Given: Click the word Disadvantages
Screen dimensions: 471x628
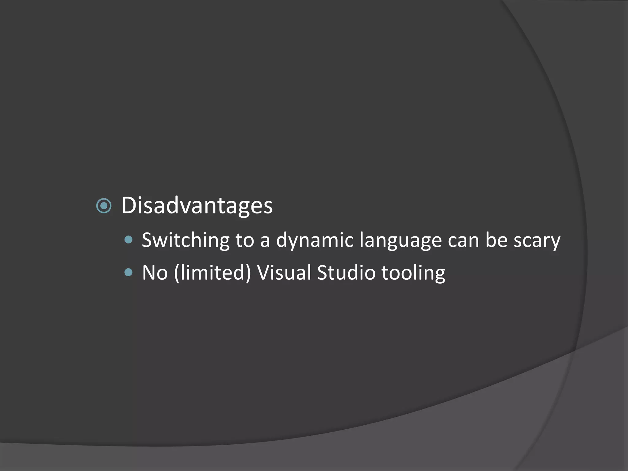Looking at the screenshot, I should pyautogui.click(x=197, y=205).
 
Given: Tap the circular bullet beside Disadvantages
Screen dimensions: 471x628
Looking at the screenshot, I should pyautogui.click(x=104, y=206).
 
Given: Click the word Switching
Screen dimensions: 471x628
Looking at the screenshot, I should pyautogui.click(x=186, y=240).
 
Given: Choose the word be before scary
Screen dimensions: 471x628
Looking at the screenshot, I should pyautogui.click(x=496, y=240).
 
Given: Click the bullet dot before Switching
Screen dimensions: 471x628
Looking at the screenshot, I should pyautogui.click(x=129, y=239).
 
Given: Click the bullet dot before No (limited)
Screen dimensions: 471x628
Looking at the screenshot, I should pyautogui.click(x=129, y=272).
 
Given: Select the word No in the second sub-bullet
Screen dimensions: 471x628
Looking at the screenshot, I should pyautogui.click(x=155, y=273).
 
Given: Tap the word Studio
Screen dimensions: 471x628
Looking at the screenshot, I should pyautogui.click(x=346, y=273).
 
